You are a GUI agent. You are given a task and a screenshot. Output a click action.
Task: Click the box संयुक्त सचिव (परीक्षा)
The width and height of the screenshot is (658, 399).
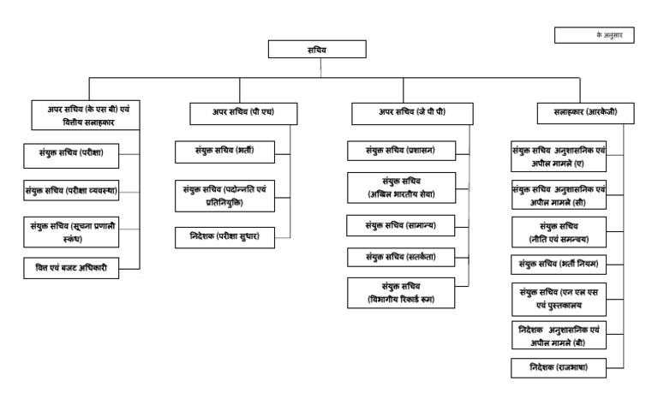(72, 156)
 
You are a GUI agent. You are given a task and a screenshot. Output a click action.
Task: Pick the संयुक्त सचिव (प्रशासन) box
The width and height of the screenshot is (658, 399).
(401, 151)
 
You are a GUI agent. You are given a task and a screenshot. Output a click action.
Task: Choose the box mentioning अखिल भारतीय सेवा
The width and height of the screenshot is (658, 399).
(401, 187)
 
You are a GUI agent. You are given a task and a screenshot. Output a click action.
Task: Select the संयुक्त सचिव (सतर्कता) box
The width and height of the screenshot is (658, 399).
(401, 255)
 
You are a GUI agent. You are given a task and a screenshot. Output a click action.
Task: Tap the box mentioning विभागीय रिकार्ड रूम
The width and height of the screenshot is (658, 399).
(401, 292)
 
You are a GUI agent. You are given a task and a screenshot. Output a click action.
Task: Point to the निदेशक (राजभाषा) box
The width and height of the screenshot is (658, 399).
(558, 368)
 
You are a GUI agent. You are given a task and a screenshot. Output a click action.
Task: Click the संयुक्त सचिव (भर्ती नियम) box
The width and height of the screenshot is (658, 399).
(558, 263)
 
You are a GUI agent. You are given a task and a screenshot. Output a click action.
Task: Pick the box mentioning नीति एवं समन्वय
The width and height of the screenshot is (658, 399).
(558, 229)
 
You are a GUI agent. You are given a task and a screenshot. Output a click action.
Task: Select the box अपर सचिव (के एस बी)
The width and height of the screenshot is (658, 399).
(83, 116)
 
